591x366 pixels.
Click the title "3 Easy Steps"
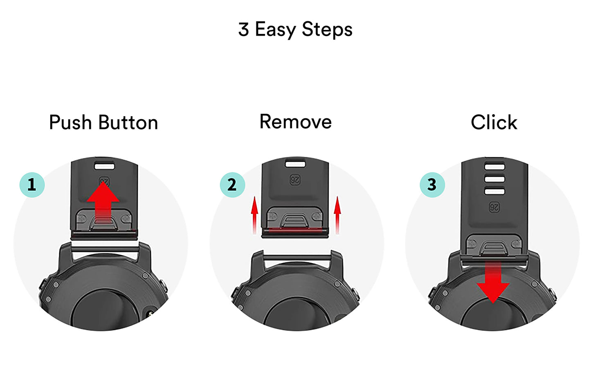tap(295, 29)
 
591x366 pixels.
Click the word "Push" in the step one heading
tap(70, 122)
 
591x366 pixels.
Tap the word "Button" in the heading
tap(128, 122)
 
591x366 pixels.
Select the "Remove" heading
tap(295, 122)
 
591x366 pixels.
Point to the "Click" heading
tap(494, 122)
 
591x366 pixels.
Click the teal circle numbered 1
tap(32, 185)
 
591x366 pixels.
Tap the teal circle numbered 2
tap(232, 185)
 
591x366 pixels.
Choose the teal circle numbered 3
tap(432, 185)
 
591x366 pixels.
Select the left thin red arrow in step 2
tap(254, 215)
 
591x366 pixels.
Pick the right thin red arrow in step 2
tap(337, 215)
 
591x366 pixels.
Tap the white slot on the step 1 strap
tap(104, 166)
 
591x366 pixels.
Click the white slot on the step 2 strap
tap(295, 164)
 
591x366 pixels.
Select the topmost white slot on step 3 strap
tap(495, 167)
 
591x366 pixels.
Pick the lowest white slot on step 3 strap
tap(495, 191)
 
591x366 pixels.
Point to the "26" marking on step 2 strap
tap(295, 180)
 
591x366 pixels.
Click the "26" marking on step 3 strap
tap(494, 207)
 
